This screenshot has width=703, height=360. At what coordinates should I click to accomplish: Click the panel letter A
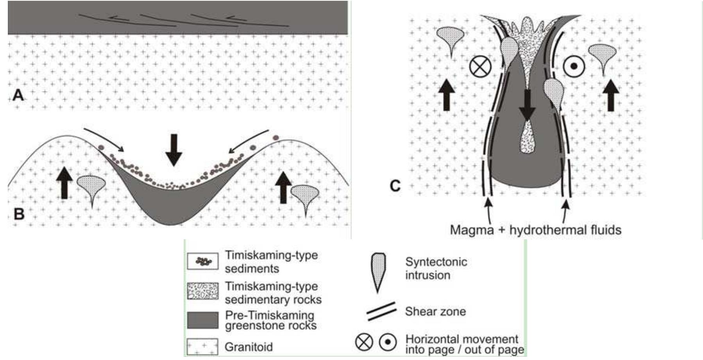point(18,95)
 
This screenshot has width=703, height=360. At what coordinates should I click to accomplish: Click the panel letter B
point(19,214)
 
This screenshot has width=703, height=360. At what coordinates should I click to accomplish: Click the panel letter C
point(395,186)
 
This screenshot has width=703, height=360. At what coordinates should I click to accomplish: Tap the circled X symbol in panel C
point(480,66)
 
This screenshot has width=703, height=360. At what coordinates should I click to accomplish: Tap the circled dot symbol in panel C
point(574,66)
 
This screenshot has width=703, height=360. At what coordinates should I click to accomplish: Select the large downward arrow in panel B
point(174,150)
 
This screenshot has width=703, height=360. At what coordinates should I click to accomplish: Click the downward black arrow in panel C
point(527,104)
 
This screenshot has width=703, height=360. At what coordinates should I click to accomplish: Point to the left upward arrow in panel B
point(64,182)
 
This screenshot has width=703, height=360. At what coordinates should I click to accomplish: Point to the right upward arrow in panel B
point(283,187)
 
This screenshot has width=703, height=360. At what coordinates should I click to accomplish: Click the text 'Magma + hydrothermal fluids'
point(535,229)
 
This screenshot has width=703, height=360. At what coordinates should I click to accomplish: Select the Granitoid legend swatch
point(202,347)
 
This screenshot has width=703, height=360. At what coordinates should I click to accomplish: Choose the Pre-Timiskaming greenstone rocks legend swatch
point(202,320)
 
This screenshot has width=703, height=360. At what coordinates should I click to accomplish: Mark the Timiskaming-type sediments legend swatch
point(202,261)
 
